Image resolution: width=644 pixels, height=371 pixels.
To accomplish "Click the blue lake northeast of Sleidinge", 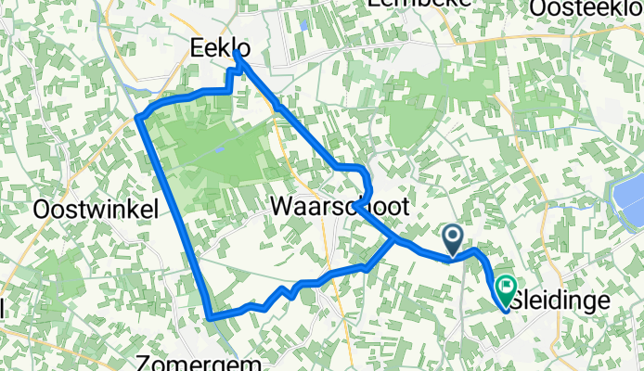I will click(x=625, y=205).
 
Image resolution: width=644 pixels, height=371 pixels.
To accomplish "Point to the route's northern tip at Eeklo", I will click(x=237, y=53).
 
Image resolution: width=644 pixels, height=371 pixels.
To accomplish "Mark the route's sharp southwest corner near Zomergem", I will click(x=212, y=317).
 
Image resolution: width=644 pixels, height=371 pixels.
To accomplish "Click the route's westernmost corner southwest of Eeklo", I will click(x=138, y=118).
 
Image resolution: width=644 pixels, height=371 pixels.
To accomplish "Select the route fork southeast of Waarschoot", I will click(x=396, y=241).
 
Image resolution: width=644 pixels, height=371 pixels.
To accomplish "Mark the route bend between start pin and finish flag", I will click(x=478, y=251).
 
